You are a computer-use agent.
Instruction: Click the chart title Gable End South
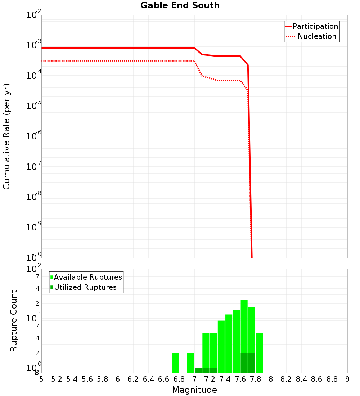[x=180, y=5]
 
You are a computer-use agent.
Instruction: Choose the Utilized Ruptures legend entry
[x=85, y=287]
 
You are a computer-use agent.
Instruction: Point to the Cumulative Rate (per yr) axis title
[x=6, y=136]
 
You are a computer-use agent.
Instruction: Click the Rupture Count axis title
[x=14, y=320]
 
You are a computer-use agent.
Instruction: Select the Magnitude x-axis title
[x=194, y=390]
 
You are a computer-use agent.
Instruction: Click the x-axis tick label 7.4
[x=225, y=379]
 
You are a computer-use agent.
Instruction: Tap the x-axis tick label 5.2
[x=57, y=379]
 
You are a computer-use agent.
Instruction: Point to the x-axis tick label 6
[x=118, y=379]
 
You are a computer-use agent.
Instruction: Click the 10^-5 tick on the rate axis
[x=34, y=106]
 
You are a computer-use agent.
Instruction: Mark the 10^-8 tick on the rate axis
[x=34, y=197]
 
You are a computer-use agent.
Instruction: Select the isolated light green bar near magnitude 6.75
[x=175, y=363]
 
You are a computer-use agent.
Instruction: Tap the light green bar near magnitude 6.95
[x=190, y=363]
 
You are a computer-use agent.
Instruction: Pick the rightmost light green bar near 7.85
[x=259, y=353]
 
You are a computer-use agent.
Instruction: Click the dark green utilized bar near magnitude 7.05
[x=198, y=370]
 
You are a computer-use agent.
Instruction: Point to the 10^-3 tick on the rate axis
[x=34, y=45]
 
